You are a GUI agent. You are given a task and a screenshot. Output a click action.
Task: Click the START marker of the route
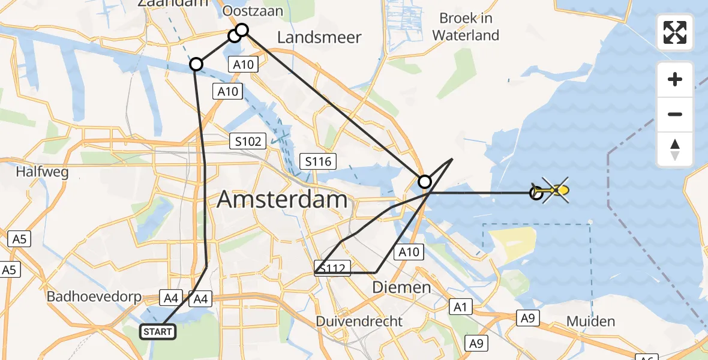[x=158, y=331]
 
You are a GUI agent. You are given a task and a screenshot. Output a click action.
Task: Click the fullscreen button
[x=675, y=32]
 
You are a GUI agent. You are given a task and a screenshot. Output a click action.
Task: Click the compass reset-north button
[x=675, y=149]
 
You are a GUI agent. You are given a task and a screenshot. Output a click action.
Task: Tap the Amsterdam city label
[x=282, y=199]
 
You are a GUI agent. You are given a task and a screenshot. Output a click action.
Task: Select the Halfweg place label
[x=42, y=172]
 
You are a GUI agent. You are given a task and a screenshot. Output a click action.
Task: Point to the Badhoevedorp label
[x=94, y=297]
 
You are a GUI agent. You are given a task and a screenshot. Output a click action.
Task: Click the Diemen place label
[x=401, y=287]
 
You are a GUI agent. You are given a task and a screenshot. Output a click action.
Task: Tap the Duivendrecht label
[x=359, y=321]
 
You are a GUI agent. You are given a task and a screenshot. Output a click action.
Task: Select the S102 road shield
[x=248, y=142]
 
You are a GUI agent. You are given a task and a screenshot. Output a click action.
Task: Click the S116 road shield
[x=318, y=161]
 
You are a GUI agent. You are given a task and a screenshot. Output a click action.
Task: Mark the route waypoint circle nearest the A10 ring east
[x=424, y=181]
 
